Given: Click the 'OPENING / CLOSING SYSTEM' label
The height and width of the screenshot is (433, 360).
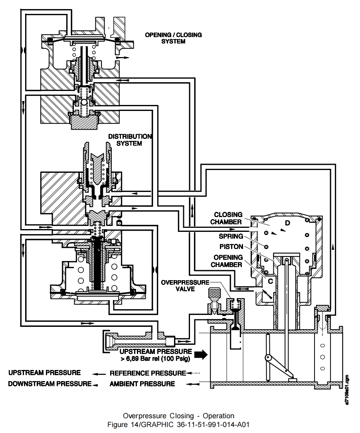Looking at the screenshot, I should (x=173, y=38).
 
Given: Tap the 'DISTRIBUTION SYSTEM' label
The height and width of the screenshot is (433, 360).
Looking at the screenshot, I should (x=130, y=140).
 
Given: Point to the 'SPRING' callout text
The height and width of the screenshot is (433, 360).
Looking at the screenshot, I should (x=231, y=236).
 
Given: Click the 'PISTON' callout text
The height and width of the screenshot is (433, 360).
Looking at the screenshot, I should (x=231, y=247).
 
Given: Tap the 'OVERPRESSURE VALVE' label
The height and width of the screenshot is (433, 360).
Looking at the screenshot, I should (x=185, y=285).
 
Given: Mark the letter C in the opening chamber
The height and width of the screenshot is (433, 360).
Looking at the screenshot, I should (x=270, y=281).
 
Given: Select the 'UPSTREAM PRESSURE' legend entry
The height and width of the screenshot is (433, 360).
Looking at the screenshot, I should (x=44, y=373).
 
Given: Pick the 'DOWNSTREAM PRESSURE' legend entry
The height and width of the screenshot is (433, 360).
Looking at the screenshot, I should (x=49, y=384).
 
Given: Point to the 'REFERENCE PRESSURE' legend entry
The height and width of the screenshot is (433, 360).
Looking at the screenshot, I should (x=148, y=374).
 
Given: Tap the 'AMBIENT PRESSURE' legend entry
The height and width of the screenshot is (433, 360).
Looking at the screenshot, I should (x=142, y=384).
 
